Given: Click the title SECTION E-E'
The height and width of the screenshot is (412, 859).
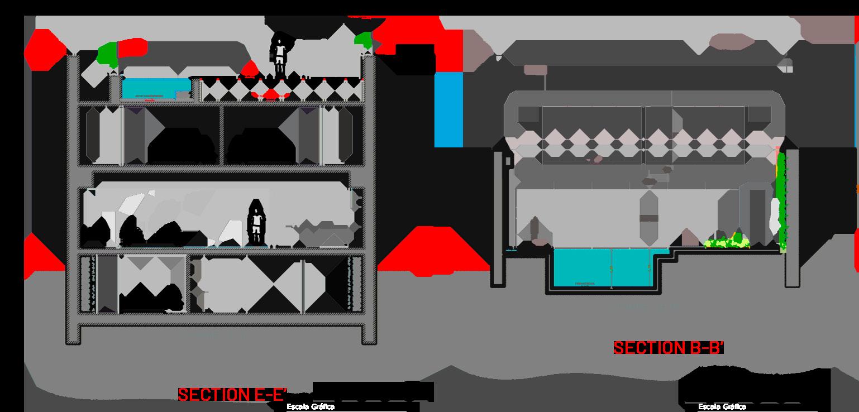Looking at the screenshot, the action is tap(232, 395).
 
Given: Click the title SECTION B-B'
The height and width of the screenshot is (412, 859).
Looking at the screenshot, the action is tap(668, 348).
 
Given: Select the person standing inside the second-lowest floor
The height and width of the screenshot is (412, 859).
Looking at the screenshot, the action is tap(256, 222).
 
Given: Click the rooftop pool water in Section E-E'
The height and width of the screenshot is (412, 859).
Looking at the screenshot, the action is tap(156, 87).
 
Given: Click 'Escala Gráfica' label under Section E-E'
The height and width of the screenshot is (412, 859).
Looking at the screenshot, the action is tap(311, 407).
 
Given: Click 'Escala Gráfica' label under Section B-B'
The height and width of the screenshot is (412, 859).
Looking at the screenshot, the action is tap(722, 407).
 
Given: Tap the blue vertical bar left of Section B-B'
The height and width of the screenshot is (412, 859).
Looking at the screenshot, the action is tap(448, 109).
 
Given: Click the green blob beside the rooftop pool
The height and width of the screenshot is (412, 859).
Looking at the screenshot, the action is tap(107, 54).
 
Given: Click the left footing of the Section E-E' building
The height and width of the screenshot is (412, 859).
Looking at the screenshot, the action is tap(73, 334).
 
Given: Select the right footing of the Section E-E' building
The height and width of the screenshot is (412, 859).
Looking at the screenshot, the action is tap(369, 334).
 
